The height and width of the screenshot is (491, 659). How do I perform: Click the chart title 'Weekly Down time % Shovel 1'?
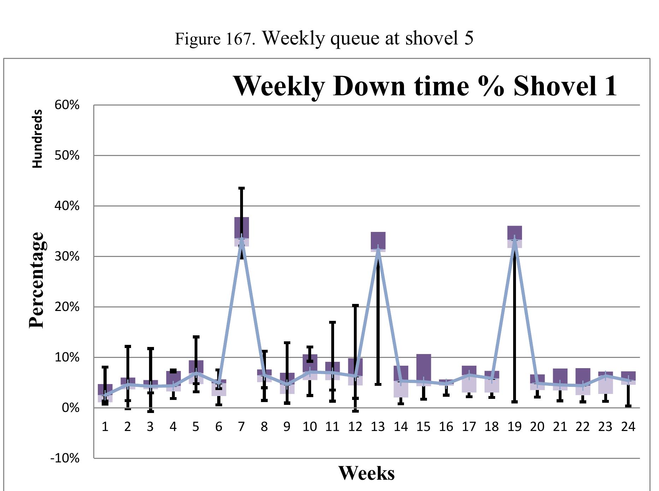click(x=425, y=86)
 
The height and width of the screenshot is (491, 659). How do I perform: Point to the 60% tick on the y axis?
click(x=67, y=105)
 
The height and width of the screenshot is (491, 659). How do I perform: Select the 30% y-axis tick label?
click(x=67, y=256)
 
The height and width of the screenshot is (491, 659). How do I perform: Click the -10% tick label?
click(x=65, y=459)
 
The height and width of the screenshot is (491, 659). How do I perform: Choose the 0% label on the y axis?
click(x=70, y=408)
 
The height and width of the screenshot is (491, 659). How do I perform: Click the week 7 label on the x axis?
click(x=241, y=427)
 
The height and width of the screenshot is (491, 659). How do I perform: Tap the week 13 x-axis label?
click(x=378, y=427)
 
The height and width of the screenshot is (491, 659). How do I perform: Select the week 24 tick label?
click(x=628, y=427)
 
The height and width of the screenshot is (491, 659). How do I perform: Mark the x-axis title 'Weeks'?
click(x=366, y=473)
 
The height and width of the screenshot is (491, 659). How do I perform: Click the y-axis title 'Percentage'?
click(x=37, y=280)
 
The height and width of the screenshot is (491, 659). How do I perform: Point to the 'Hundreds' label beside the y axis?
click(x=37, y=139)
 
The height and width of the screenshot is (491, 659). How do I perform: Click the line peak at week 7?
click(x=242, y=239)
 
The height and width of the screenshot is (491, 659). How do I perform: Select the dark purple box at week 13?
click(x=378, y=240)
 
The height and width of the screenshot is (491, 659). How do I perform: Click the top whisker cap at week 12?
click(x=355, y=305)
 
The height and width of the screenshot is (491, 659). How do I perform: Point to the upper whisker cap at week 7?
click(x=242, y=188)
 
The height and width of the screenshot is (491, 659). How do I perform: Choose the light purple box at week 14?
click(x=401, y=389)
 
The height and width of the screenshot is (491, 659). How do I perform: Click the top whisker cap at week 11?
click(x=332, y=322)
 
